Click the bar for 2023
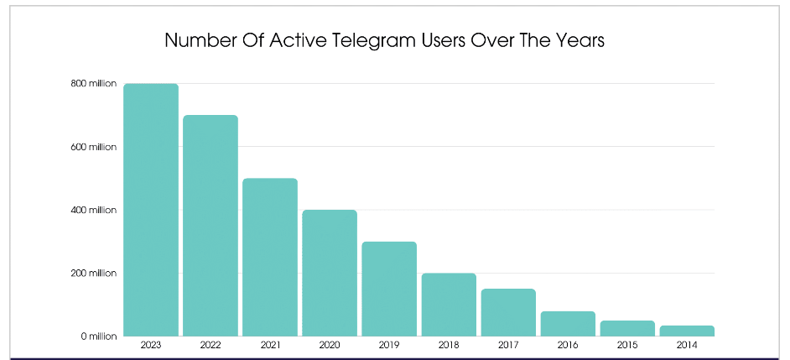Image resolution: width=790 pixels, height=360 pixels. pos(151,210)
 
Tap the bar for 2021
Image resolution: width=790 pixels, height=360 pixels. pos(270,257)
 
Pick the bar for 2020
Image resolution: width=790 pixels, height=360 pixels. pos(330,273)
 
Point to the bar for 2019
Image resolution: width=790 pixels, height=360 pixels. pos(389,289)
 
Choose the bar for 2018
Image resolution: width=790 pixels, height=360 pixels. pos(449,305)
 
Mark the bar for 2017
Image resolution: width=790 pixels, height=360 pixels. pos(508,312)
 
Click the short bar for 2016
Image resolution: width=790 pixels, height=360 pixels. pos(568,324)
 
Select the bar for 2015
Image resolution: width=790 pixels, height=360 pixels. pos(627,328)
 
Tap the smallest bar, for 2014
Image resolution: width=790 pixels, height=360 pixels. pos(687,331)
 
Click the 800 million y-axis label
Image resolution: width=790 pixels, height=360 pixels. pos(93,84)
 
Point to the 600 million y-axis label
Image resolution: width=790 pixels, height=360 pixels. pos(93,147)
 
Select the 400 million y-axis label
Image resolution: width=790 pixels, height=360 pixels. pos(93,210)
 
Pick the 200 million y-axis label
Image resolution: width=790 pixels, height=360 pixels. pos(93,274)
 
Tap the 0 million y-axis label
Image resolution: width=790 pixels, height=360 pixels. pos(99,337)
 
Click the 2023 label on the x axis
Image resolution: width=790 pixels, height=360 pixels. pos(151,345)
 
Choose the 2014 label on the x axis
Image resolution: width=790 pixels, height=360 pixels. pos(687,345)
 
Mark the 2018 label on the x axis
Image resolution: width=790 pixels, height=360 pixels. pos(449,345)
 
